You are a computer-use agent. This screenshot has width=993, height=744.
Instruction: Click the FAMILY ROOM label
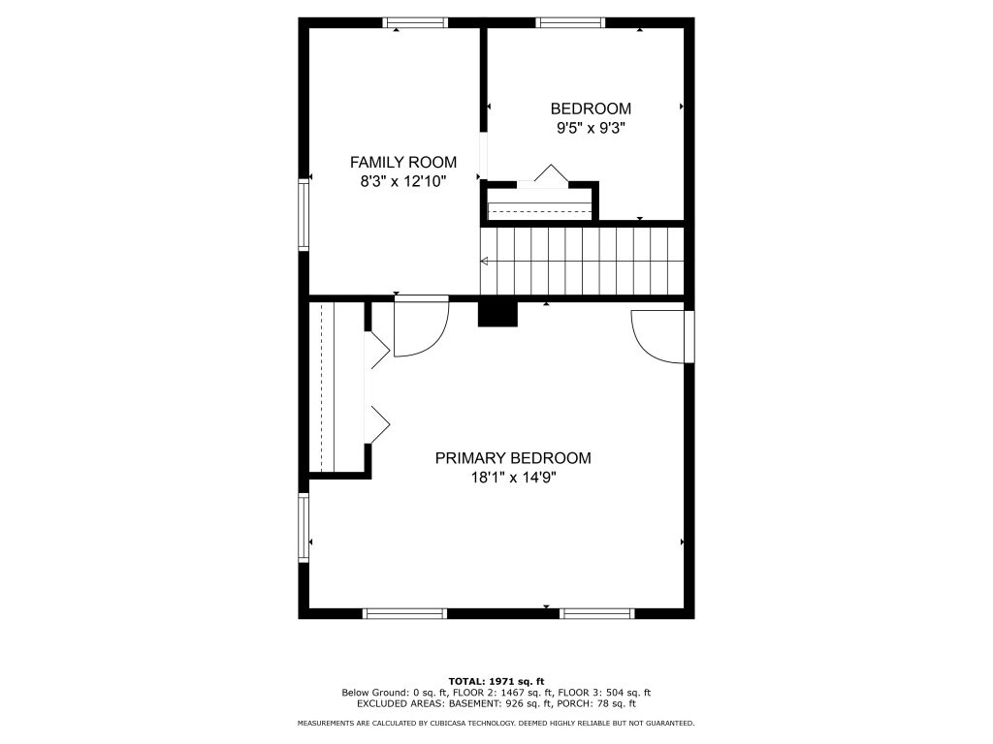click(403, 163)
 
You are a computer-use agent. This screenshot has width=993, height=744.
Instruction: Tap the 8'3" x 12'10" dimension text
click(403, 182)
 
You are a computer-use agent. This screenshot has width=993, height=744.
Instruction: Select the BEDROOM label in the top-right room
click(591, 108)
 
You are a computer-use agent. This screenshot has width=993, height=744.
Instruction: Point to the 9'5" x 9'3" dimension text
click(591, 129)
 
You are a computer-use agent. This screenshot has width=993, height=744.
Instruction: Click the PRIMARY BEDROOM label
click(513, 458)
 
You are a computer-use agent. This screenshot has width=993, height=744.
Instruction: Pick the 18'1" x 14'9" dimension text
click(513, 478)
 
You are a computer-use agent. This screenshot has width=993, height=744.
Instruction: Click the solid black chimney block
click(497, 314)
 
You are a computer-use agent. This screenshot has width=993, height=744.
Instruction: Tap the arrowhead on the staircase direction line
click(485, 261)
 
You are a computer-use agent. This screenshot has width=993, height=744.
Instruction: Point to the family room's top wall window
click(415, 23)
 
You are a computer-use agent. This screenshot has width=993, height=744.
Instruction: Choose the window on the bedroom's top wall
click(570, 23)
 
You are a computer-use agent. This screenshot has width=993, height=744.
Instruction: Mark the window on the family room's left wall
click(304, 215)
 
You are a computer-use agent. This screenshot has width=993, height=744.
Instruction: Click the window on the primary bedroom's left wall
click(304, 528)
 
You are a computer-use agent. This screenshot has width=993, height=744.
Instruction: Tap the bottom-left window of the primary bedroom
click(404, 613)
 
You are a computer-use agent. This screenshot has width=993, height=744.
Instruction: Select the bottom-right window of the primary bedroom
click(597, 613)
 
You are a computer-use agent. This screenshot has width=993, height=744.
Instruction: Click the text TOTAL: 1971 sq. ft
click(496, 681)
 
